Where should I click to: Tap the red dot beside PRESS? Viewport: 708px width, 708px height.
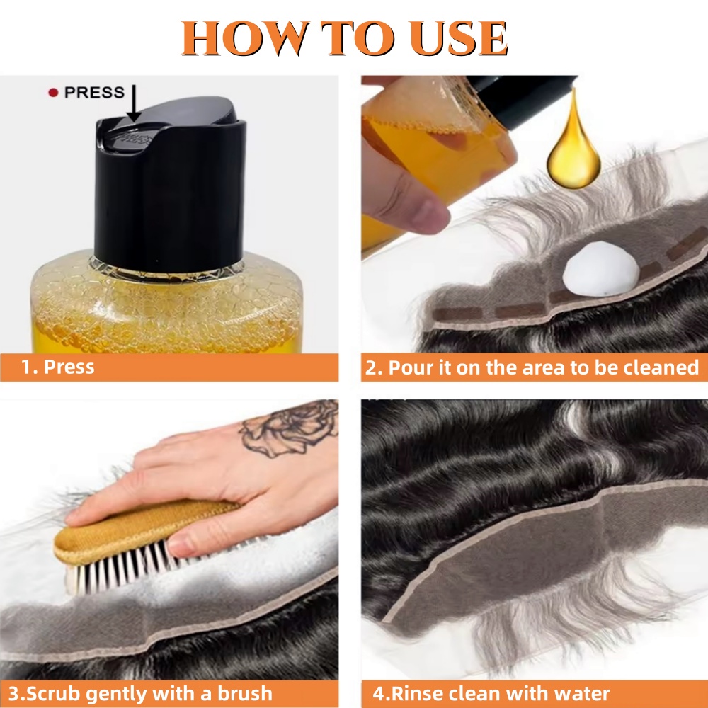(52, 93)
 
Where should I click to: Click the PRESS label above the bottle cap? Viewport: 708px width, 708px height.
(94, 93)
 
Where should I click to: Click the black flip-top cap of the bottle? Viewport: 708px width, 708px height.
(170, 184)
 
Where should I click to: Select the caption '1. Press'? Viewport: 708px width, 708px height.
(58, 367)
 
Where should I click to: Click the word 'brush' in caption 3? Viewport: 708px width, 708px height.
(241, 693)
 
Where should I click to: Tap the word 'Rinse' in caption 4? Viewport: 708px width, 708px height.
(411, 693)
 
